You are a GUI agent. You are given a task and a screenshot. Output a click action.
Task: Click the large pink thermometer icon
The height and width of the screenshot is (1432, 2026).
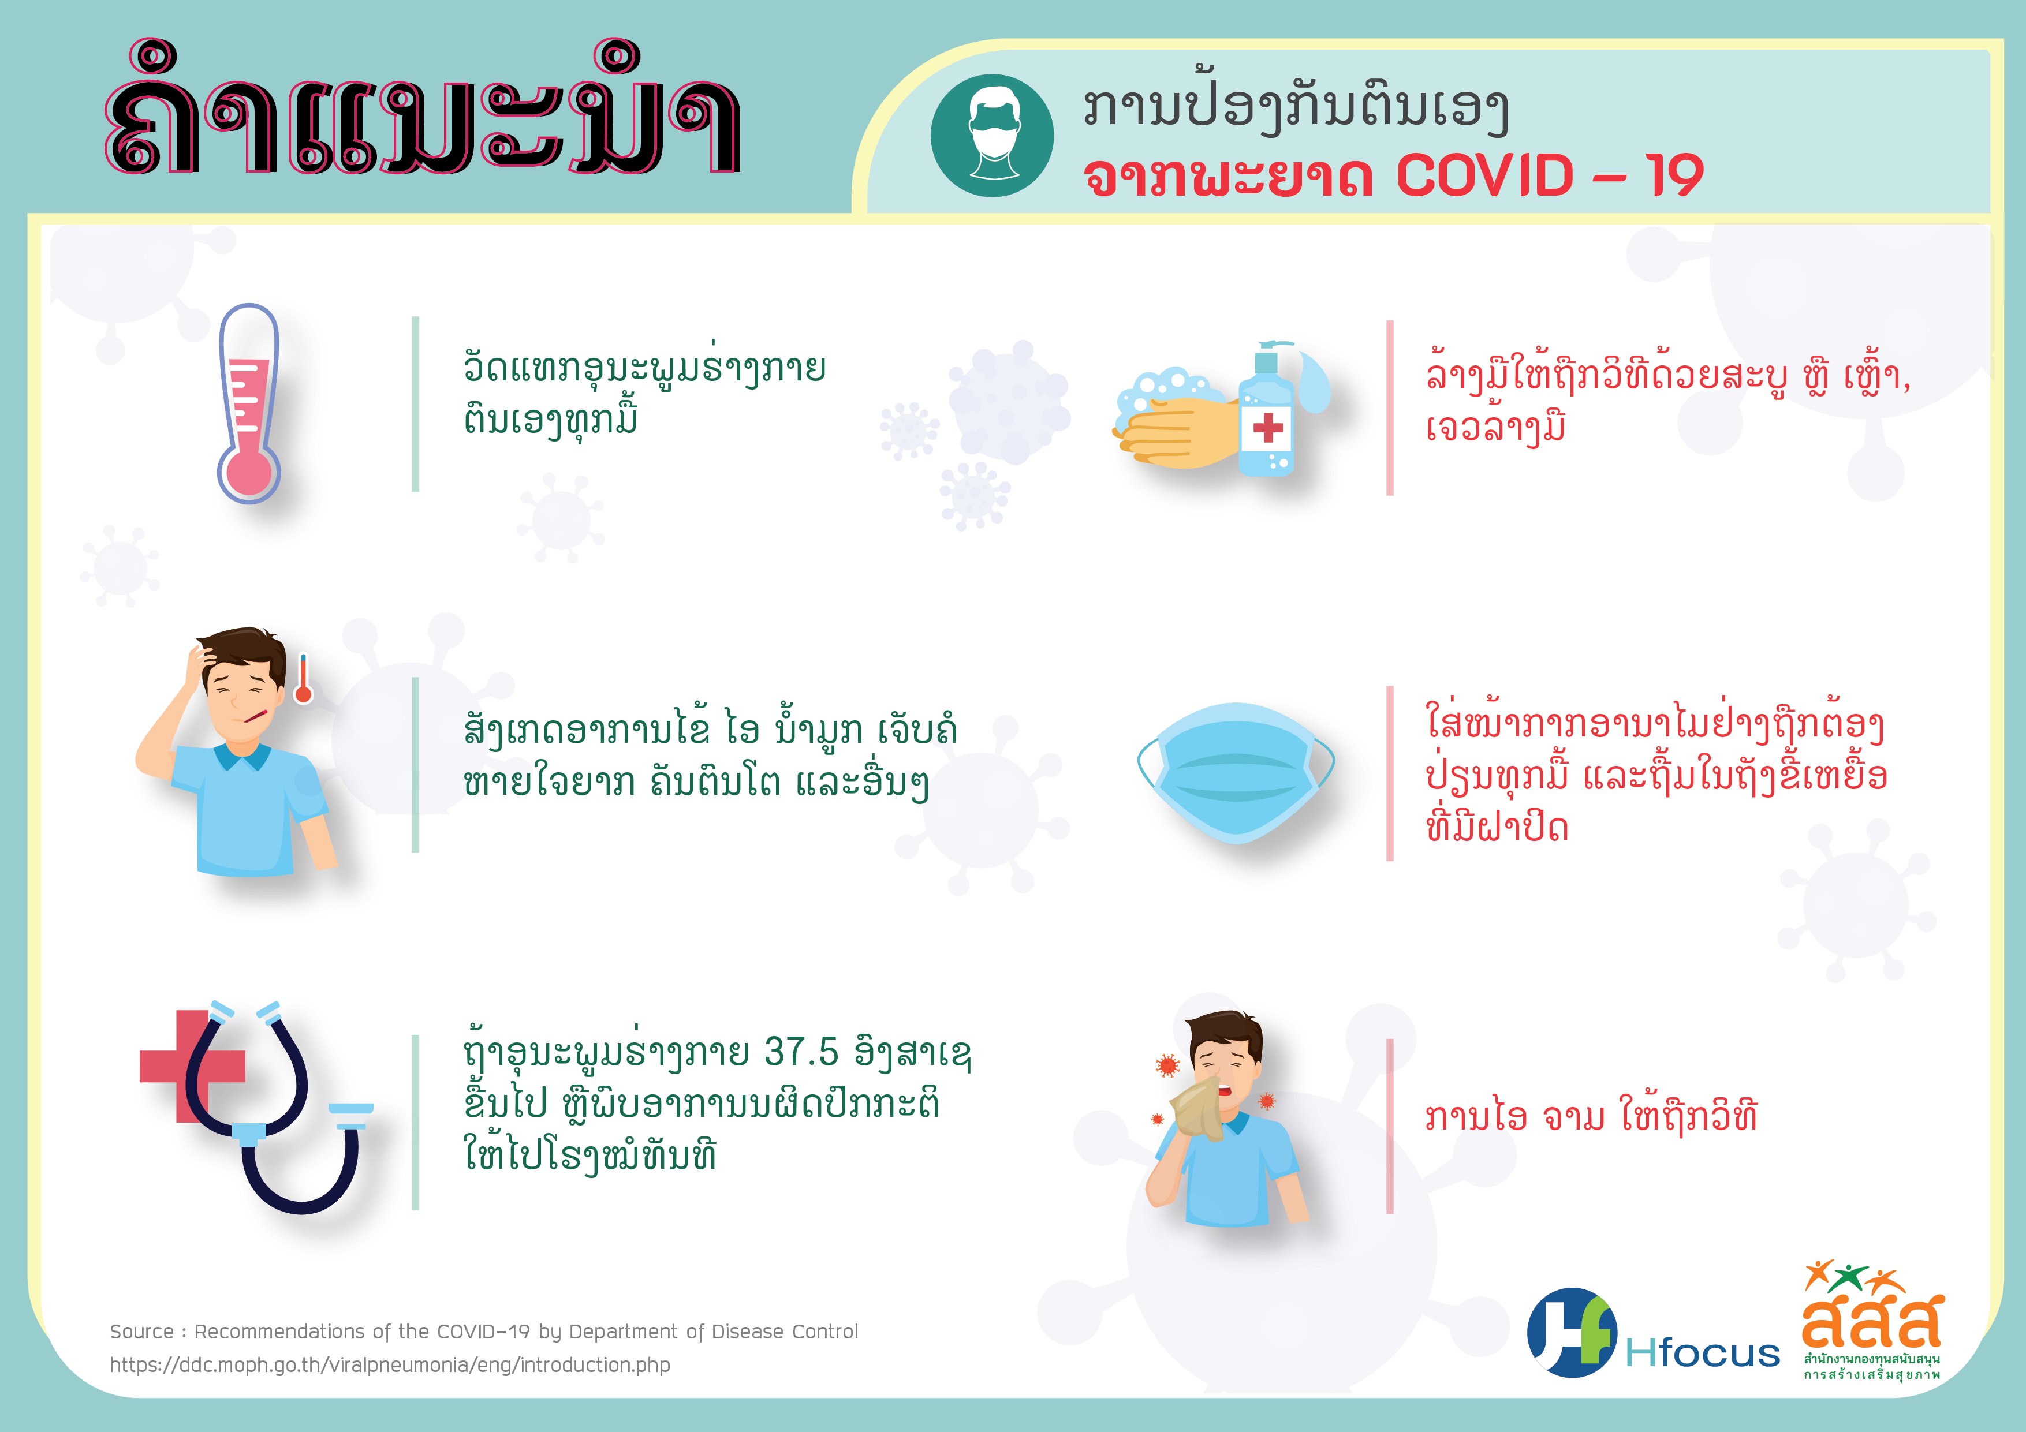pyautogui.click(x=249, y=403)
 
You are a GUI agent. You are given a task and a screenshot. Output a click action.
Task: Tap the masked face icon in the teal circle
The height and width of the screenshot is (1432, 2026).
pyautogui.click(x=993, y=135)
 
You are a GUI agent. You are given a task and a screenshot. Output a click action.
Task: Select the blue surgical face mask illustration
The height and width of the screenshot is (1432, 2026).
pyautogui.click(x=1236, y=773)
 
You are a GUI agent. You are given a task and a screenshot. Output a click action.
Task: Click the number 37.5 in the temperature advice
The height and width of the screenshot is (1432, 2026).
pyautogui.click(x=801, y=1051)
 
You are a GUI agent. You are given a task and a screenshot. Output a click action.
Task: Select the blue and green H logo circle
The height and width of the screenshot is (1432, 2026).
pyautogui.click(x=1572, y=1332)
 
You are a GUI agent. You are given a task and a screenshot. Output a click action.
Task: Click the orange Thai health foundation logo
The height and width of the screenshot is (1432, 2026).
pyautogui.click(x=1872, y=1319)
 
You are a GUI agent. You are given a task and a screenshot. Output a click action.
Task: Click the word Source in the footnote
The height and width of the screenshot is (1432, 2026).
pyautogui.click(x=141, y=1332)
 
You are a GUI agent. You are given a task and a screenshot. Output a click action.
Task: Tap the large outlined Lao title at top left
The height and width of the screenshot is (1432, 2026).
pyautogui.click(x=422, y=107)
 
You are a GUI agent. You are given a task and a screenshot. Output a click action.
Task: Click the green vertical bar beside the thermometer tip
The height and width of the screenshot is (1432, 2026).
pyautogui.click(x=416, y=403)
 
